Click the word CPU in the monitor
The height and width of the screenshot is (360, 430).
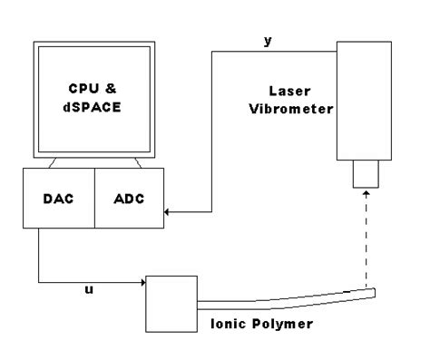click(x=82, y=89)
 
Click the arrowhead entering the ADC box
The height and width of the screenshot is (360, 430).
click(x=167, y=212)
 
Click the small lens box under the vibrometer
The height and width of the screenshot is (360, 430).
click(x=366, y=174)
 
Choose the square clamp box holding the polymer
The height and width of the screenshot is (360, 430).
click(x=172, y=303)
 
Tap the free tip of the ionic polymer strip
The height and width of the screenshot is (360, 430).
click(x=374, y=290)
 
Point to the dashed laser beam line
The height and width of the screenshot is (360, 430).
click(x=366, y=240)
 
